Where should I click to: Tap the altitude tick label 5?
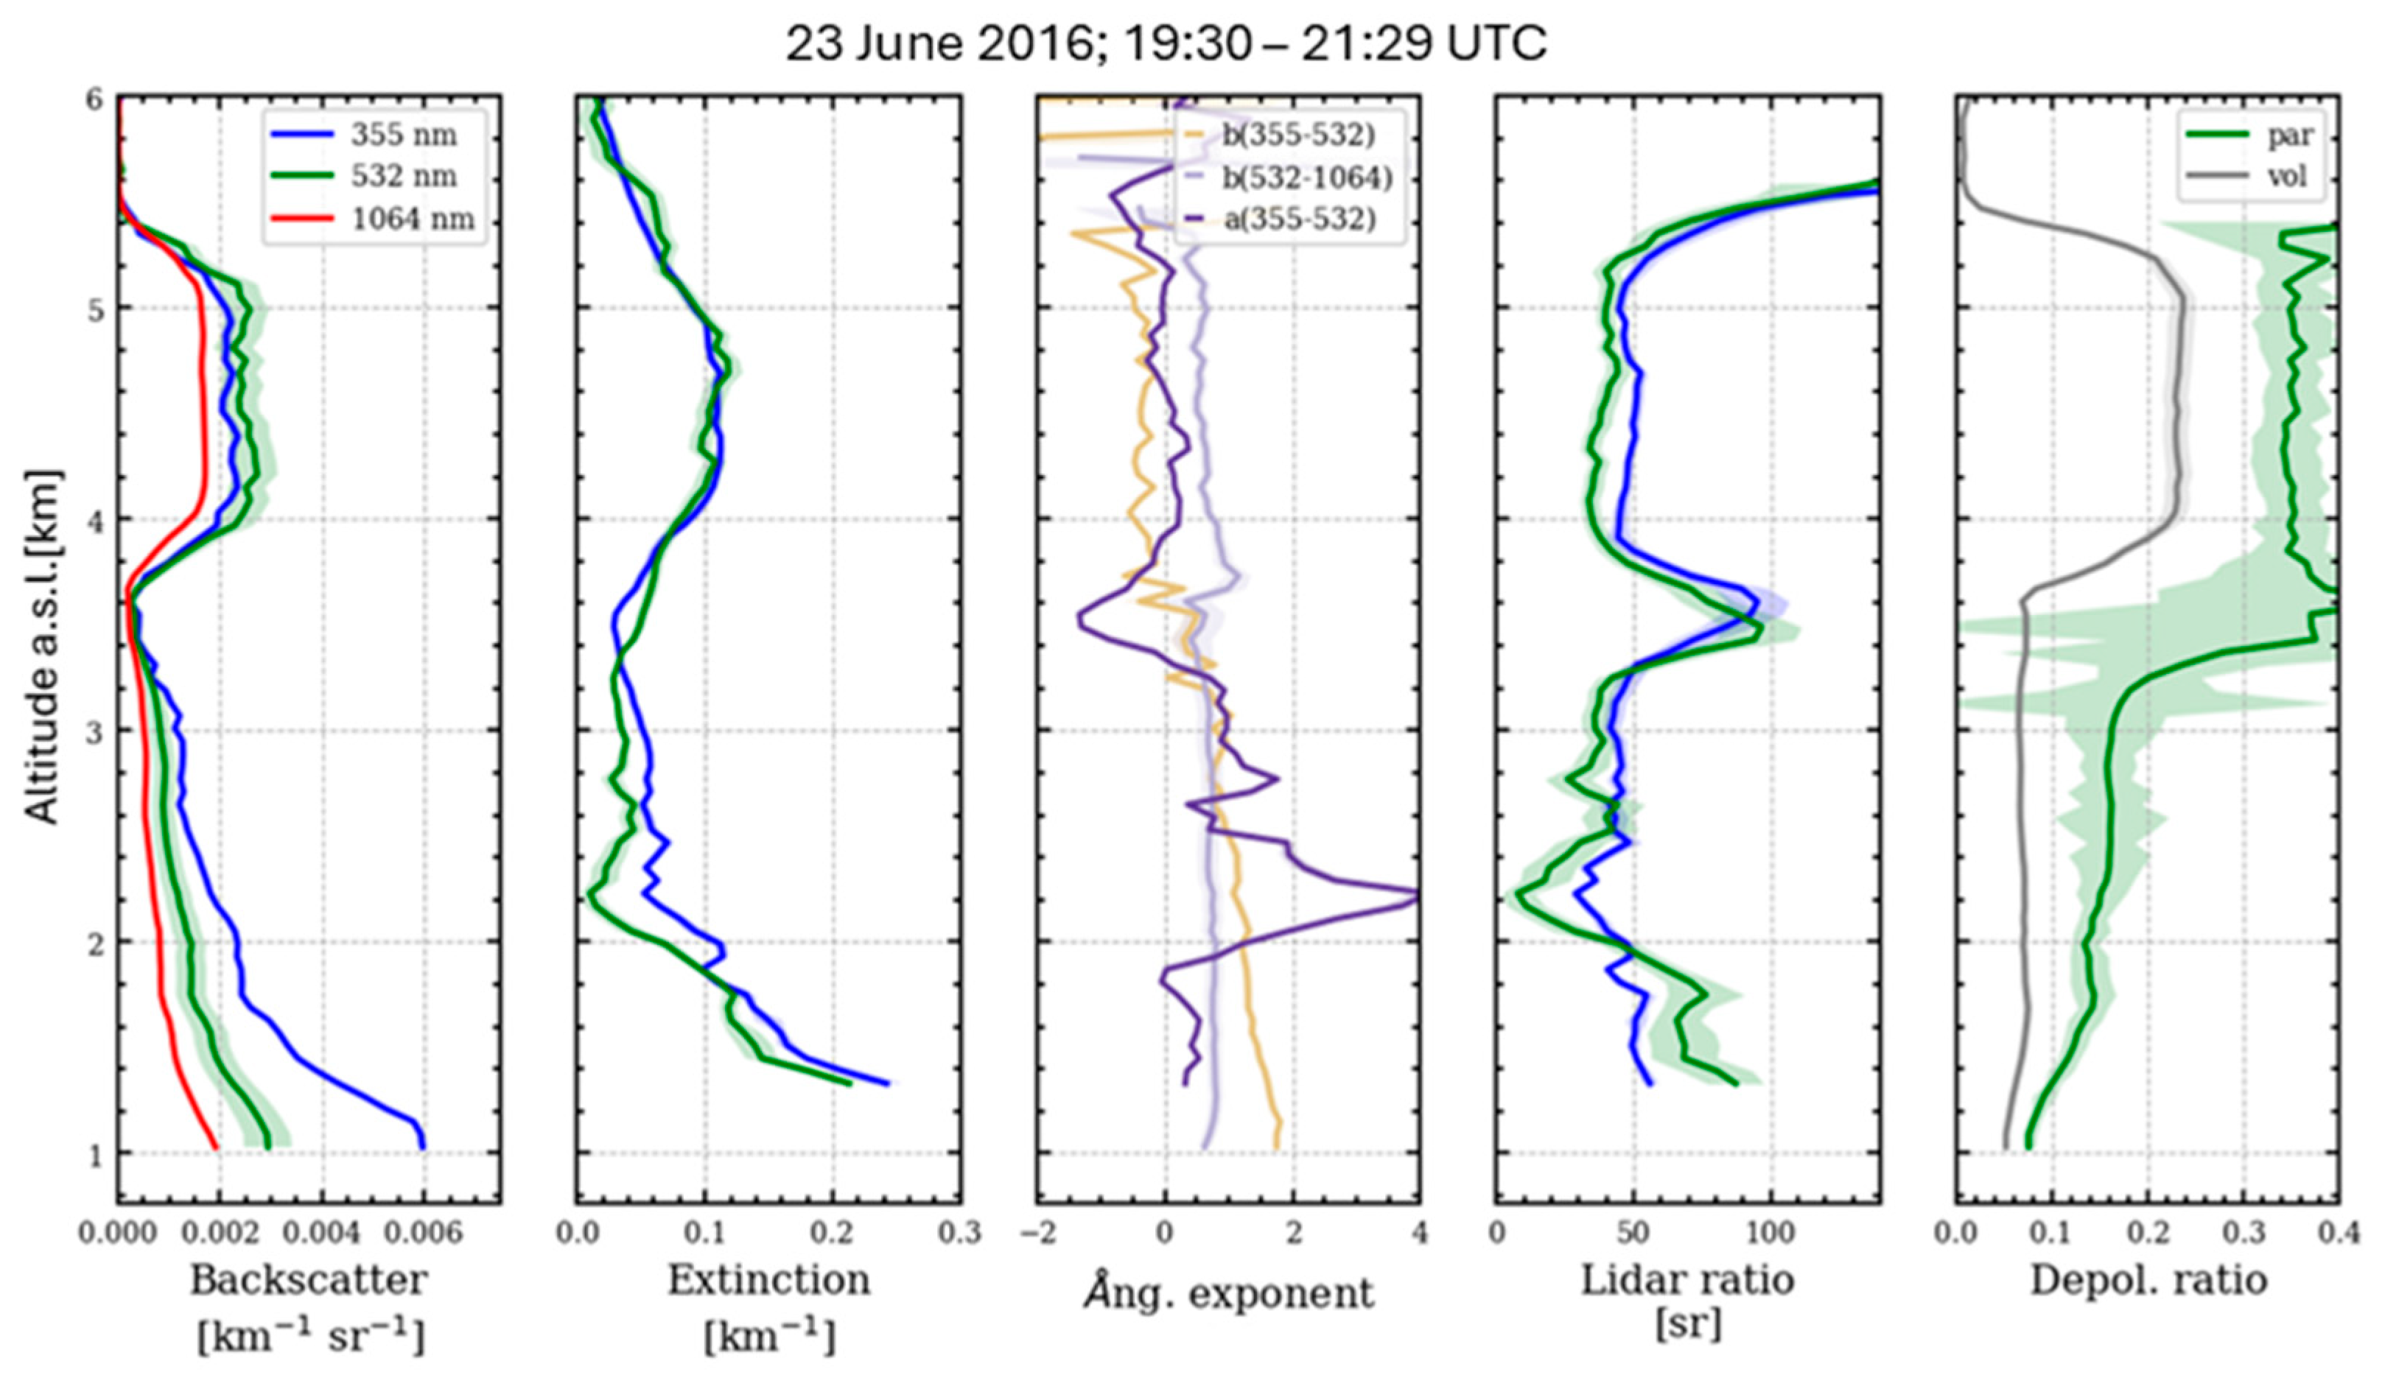coord(96,309)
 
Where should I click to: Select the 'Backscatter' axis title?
coord(309,1281)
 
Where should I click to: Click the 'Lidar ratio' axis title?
coord(1687,1281)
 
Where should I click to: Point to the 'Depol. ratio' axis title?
coord(2148,1281)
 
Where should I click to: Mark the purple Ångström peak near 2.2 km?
coord(1412,893)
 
